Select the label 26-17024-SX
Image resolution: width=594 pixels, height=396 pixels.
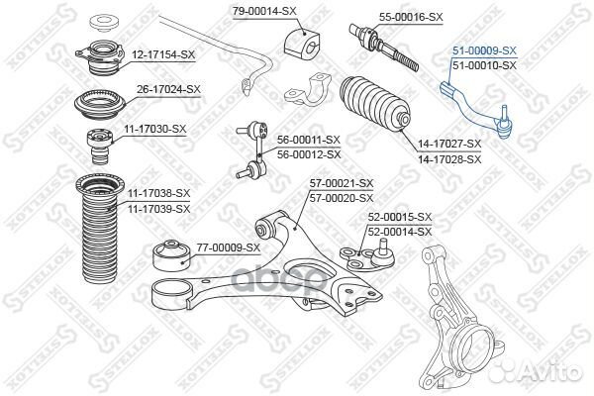pos(167,88)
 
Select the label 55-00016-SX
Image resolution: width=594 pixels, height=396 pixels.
pos(384,18)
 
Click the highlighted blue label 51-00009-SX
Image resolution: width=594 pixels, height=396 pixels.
pos(484,49)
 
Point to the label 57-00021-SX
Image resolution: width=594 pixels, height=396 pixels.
pos(341,183)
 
